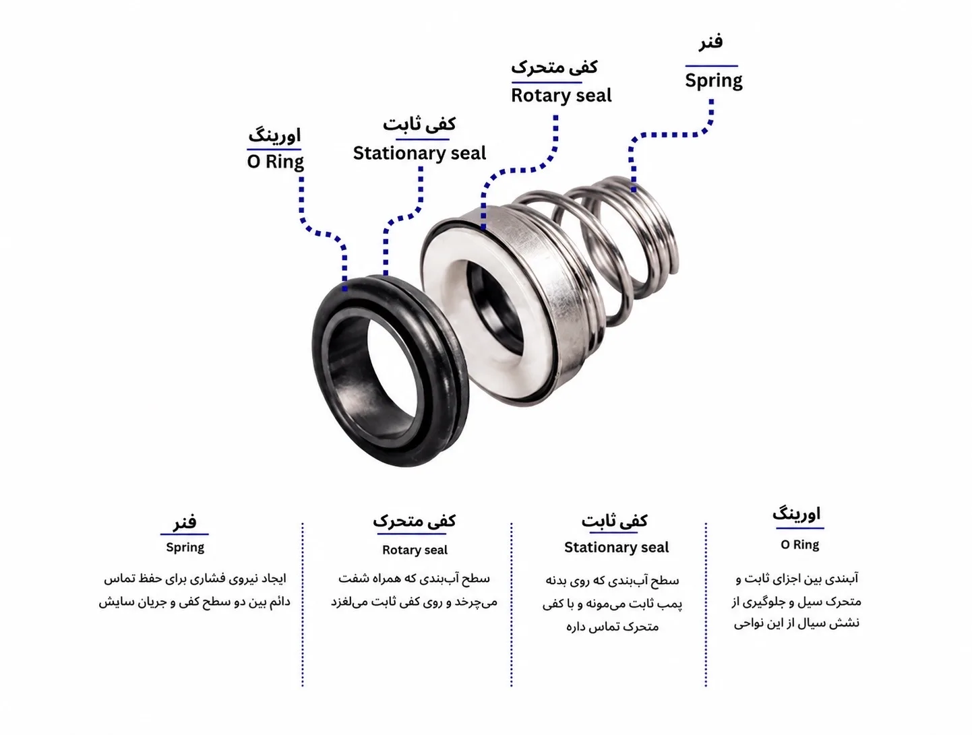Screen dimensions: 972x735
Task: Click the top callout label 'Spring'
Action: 713,81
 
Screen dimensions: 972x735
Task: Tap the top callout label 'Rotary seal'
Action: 561,96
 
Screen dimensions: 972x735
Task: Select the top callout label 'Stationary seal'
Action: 419,154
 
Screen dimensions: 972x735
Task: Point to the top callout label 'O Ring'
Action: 276,162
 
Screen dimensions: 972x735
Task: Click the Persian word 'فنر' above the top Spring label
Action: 710,42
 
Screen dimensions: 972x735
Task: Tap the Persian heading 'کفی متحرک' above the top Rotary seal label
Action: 554,67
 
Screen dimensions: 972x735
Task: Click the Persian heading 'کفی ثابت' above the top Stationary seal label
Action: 419,124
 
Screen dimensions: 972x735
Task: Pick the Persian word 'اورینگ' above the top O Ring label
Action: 274,135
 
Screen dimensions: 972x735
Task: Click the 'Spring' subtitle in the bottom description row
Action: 185,548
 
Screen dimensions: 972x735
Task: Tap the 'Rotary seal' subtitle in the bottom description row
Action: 415,550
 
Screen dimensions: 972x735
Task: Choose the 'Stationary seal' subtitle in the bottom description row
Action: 616,548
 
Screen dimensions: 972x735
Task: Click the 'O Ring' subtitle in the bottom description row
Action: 799,545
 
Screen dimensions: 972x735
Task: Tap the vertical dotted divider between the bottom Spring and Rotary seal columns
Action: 303,604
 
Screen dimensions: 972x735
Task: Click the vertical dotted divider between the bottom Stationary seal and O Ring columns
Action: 706,604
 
